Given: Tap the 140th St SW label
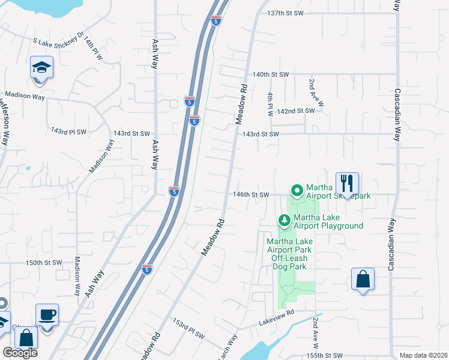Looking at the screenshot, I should point(271,74).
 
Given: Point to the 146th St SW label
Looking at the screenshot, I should point(252,195).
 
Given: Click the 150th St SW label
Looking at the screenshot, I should point(44,263).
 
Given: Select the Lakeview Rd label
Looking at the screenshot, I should point(277,314).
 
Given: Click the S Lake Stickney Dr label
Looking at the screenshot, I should point(58,42).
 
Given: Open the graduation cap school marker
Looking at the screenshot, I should point(42,67).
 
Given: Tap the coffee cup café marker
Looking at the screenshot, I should point(47,314).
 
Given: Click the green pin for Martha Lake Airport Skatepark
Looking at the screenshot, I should point(296,191).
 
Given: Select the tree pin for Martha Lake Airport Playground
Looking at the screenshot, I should point(285,221).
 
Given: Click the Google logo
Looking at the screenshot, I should point(20,353).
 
